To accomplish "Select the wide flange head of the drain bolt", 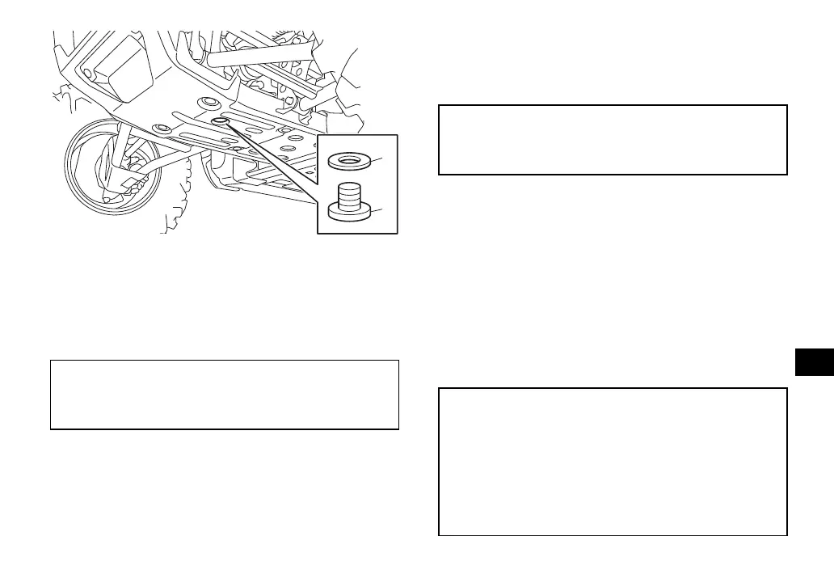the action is [x=350, y=211].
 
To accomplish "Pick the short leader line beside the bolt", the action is [x=379, y=210].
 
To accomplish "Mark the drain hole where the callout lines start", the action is [x=221, y=121].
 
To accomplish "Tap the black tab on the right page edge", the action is [x=813, y=352].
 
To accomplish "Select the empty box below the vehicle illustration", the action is [x=225, y=394].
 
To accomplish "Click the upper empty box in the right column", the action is [x=612, y=139].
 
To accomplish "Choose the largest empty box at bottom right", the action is [x=612, y=461].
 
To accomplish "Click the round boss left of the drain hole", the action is [x=161, y=129].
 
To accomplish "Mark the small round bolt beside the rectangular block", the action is [x=89, y=74].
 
